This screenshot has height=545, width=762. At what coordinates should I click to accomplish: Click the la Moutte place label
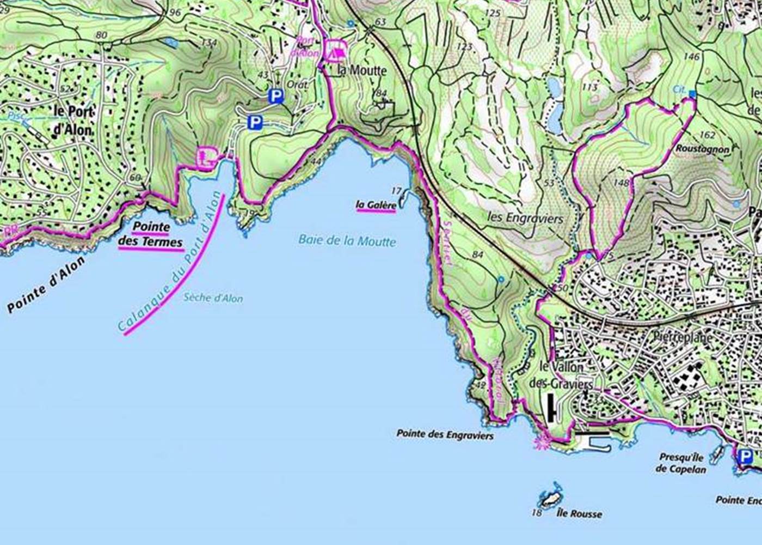tap(362, 70)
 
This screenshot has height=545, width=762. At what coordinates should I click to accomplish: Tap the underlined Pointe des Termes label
tap(151, 234)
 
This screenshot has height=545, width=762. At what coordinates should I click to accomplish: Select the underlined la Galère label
tap(376, 205)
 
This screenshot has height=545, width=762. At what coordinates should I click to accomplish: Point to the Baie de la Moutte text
tap(347, 240)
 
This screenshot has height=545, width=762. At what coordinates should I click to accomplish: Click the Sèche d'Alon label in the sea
tap(213, 298)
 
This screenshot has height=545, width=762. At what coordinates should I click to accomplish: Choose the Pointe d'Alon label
tap(46, 285)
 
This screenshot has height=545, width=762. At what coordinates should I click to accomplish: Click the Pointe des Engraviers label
tap(445, 435)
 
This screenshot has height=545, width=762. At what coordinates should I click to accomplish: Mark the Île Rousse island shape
tap(551, 497)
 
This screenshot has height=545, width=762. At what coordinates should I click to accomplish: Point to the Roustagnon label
tap(702, 149)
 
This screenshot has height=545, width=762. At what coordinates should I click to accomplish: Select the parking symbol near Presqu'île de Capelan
tap(743, 456)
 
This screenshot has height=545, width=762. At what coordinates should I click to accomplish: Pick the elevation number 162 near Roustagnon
tap(708, 135)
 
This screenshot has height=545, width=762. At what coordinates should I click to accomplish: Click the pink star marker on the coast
tap(542, 442)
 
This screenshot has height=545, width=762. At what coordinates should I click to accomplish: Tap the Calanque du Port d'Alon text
tap(171, 263)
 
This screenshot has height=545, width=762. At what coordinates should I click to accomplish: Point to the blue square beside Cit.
tap(692, 94)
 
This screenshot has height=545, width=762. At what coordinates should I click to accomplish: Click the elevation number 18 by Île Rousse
tap(537, 512)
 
